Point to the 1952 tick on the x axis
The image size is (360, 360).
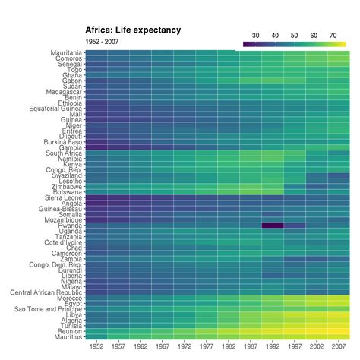click(x=96, y=346)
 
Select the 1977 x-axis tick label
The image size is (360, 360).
click(x=207, y=346)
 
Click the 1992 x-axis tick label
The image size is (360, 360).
click(x=273, y=346)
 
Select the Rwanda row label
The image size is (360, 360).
click(x=70, y=226)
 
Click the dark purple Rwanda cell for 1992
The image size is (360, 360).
click(x=273, y=226)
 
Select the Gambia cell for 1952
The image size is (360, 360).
click(x=96, y=147)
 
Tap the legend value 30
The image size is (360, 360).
click(x=255, y=35)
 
